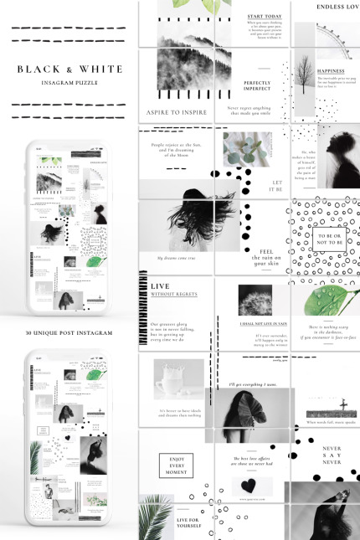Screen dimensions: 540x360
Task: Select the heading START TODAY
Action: coord(264,15)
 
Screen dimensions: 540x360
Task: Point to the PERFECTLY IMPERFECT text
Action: coord(257,86)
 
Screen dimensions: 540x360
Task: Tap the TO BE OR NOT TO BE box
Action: coord(326,240)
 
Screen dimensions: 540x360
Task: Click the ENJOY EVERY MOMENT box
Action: coord(177,465)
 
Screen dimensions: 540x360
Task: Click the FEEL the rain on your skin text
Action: coord(268,256)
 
